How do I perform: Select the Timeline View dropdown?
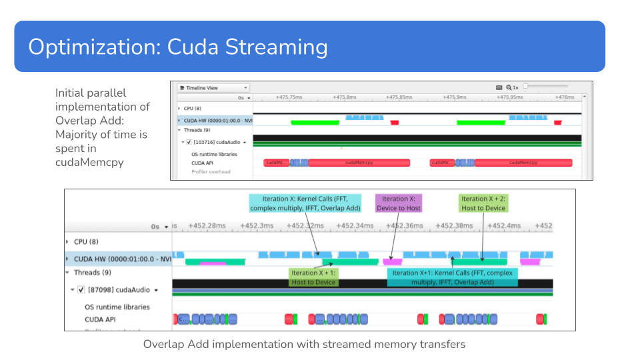pos(213,88)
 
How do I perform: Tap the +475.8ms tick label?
pos(343,97)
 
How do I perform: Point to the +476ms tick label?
pos(563,97)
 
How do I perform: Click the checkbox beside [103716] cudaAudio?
pos(189,142)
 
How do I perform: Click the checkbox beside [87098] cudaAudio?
pos(81,290)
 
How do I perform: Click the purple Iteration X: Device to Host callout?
pos(399,203)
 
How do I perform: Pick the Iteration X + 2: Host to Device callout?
pos(483,203)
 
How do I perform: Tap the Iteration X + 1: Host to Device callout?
pos(313,277)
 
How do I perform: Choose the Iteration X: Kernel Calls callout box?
pos(305,203)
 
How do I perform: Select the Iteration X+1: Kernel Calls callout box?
pos(452,277)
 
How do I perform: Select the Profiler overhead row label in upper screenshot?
pos(211,172)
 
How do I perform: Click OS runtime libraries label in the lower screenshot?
pos(117,307)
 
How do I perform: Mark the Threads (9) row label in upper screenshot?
pos(197,130)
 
